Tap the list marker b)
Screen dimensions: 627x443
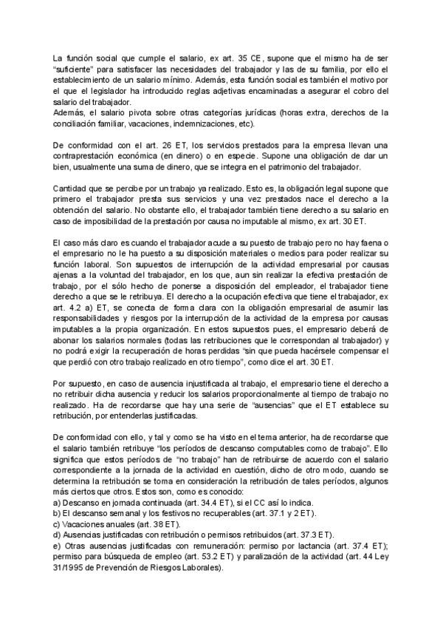(x=58, y=512)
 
